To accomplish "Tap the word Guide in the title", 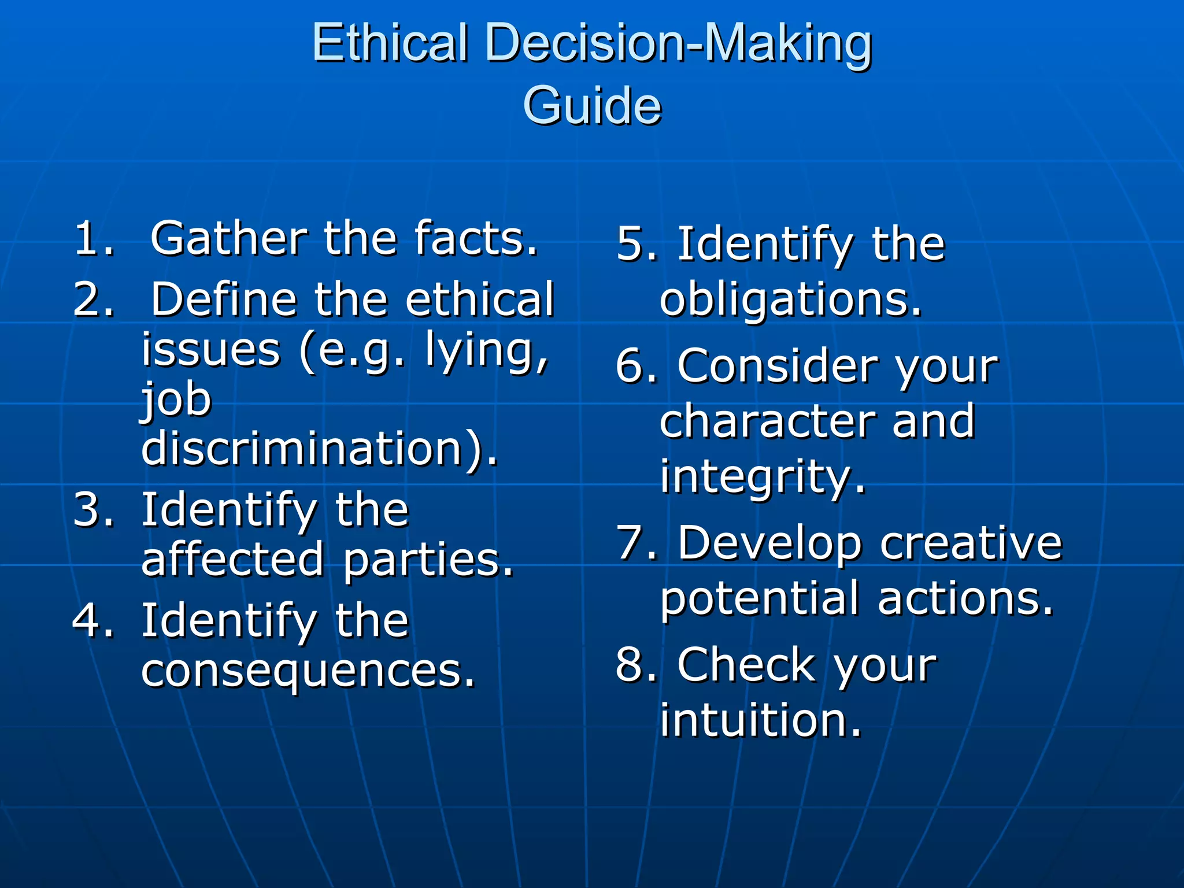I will point(591,106).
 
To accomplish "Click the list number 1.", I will point(92,238).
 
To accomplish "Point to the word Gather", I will point(228,238).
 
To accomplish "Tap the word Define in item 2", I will point(224,299).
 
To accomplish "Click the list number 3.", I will point(92,510).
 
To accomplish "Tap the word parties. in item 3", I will point(428,560).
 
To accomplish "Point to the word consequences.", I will point(308,671).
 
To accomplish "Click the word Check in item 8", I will point(746,665).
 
